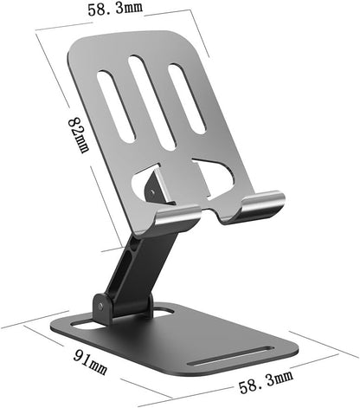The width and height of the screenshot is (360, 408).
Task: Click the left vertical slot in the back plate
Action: (116, 107)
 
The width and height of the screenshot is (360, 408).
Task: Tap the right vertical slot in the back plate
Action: (186, 98)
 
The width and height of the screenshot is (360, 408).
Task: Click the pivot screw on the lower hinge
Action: (101, 304)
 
